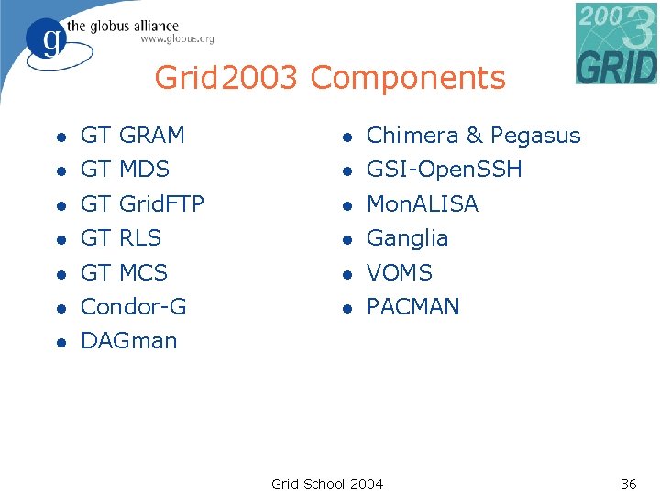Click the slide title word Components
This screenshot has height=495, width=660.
coord(408,78)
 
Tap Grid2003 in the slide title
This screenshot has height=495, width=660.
coord(225,78)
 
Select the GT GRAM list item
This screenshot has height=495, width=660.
coord(133,136)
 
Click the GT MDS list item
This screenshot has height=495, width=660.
coord(126,170)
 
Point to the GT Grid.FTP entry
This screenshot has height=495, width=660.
coord(142,203)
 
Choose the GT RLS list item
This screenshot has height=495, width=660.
coord(121,238)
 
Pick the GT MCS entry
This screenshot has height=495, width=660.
coord(125,273)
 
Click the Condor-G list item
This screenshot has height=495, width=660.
coord(134,307)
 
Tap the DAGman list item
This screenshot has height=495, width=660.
coord(129,341)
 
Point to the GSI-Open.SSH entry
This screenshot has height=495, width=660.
coord(445,170)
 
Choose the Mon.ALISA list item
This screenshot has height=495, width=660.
coord(423,204)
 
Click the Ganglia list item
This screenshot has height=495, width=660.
coord(408,238)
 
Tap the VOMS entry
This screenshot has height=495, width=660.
coord(400,273)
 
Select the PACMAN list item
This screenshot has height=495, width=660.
coord(413,307)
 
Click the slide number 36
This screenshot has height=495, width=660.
coord(629,483)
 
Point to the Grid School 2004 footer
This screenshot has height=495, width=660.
coord(327,483)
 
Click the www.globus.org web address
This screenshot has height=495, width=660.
coord(177,39)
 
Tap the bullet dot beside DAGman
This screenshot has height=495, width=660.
coord(59,343)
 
